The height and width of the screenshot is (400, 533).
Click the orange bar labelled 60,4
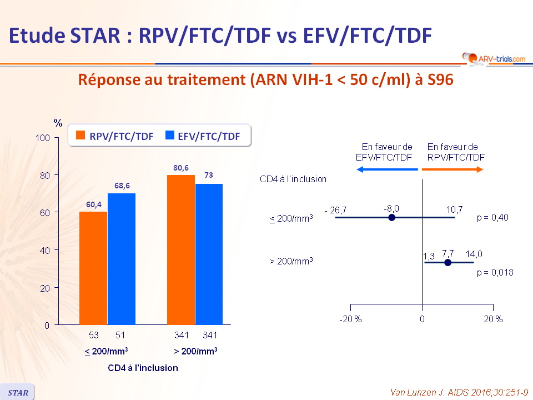click(x=93, y=268)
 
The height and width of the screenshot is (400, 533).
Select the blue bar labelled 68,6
click(x=122, y=259)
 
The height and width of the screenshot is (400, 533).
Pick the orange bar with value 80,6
click(x=181, y=249)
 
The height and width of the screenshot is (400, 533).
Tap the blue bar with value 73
click(x=209, y=254)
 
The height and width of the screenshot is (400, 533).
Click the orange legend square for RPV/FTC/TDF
click(x=81, y=135)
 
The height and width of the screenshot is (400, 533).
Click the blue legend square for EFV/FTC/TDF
click(x=170, y=135)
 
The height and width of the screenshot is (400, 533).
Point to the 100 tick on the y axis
click(x=57, y=138)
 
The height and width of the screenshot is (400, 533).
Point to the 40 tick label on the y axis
click(x=45, y=251)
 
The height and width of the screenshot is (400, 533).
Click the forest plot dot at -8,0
click(x=391, y=217)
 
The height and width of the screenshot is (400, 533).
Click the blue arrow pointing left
click(x=387, y=169)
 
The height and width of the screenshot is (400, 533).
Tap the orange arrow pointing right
click(x=452, y=169)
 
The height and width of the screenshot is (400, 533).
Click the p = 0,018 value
click(x=495, y=272)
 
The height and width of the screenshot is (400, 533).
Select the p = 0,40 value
click(x=492, y=217)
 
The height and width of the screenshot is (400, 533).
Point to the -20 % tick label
click(x=350, y=319)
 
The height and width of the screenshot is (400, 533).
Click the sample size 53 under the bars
click(x=93, y=335)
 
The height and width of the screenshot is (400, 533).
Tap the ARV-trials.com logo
click(x=494, y=58)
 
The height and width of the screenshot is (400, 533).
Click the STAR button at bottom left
click(x=17, y=392)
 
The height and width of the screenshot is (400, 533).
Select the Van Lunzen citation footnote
click(x=459, y=393)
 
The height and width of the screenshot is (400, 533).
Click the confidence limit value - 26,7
click(x=335, y=210)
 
